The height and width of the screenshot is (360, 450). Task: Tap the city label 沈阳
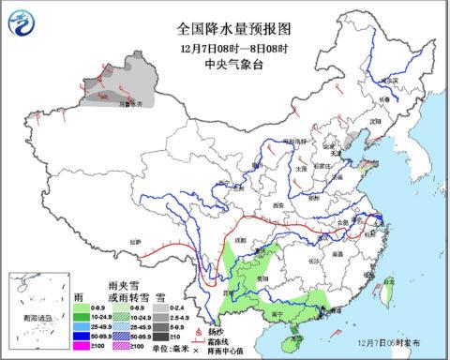click(375, 121)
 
